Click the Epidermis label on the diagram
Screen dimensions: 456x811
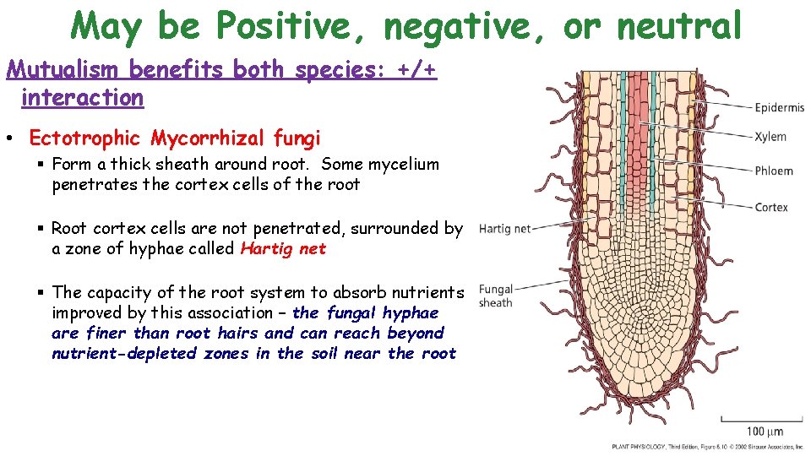click(779, 107)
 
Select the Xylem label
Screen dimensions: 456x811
click(770, 137)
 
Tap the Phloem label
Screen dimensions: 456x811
click(773, 171)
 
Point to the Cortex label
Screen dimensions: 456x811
click(770, 207)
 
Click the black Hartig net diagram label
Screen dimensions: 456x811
click(504, 229)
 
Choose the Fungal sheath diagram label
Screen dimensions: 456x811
click(496, 296)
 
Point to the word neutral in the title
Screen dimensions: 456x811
click(680, 26)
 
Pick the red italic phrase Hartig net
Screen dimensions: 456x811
click(283, 248)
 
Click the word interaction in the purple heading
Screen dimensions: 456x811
click(83, 98)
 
